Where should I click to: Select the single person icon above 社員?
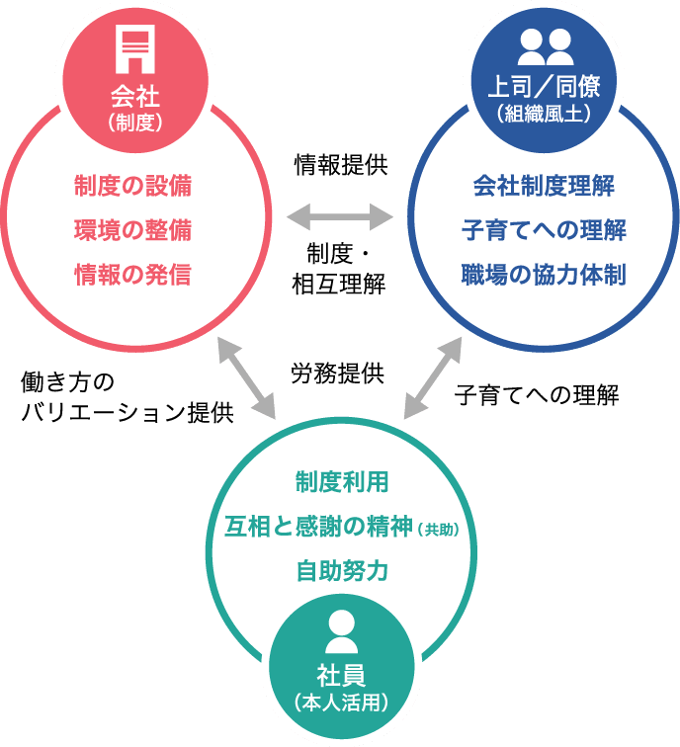click(x=341, y=631)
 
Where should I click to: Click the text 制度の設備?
click(x=132, y=186)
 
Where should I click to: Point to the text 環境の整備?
click(x=132, y=230)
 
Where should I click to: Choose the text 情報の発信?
click(x=132, y=275)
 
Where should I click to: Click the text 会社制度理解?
click(x=544, y=186)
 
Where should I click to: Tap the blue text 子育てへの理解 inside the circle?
click(x=544, y=230)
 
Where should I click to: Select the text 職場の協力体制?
click(x=544, y=275)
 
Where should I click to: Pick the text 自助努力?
click(x=341, y=571)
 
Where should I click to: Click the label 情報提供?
click(x=340, y=165)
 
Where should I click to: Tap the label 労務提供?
click(x=337, y=373)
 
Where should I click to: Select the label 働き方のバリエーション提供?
click(x=127, y=397)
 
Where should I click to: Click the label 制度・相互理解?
click(x=338, y=269)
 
